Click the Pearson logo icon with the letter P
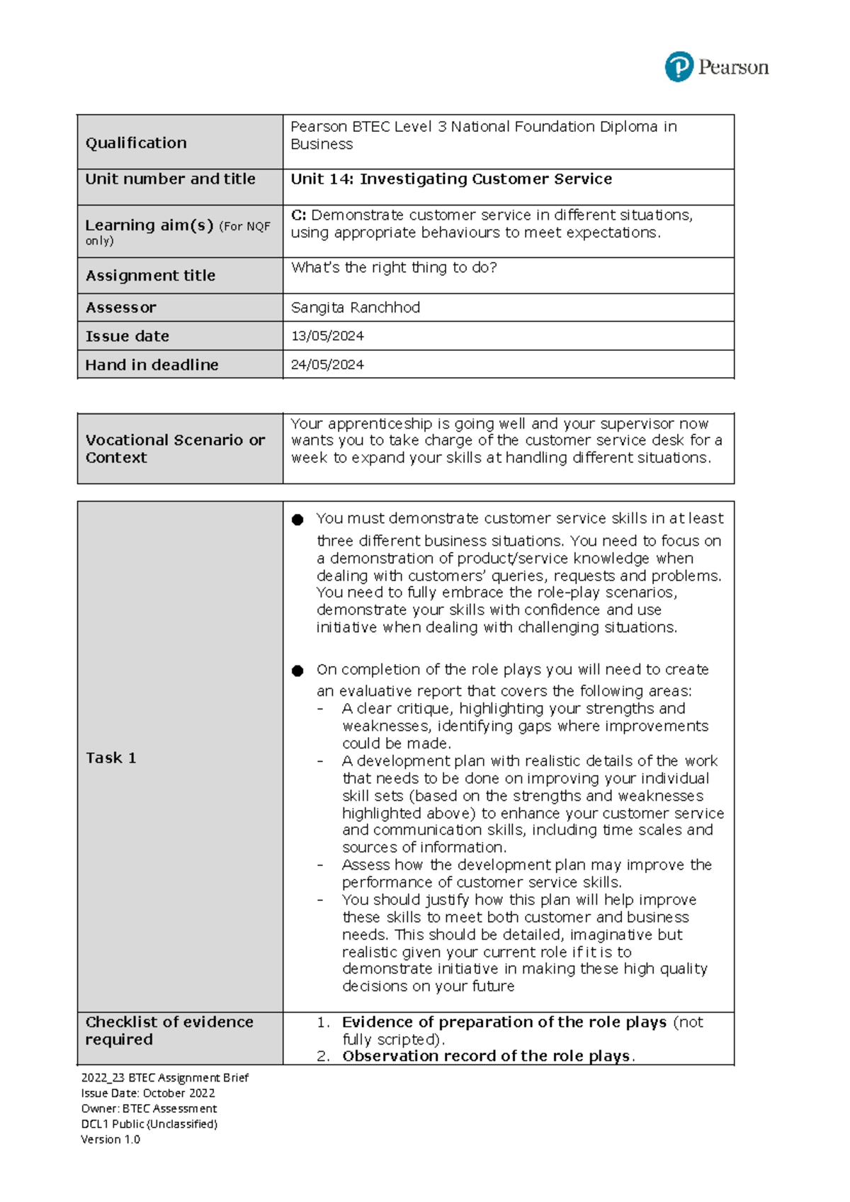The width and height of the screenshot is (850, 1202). (x=679, y=67)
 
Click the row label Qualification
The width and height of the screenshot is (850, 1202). (x=136, y=143)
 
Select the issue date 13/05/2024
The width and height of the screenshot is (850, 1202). (x=327, y=336)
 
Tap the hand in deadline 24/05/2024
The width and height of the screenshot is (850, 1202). (x=327, y=365)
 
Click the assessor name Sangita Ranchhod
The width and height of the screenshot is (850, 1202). (x=356, y=308)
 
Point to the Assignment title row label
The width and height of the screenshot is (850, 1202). (x=150, y=276)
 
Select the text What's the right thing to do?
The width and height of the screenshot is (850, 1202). (x=394, y=268)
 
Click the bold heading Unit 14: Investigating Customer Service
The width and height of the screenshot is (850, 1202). (x=451, y=179)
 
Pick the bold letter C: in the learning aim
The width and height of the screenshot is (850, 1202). (x=298, y=215)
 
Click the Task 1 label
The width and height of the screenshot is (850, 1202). (x=110, y=758)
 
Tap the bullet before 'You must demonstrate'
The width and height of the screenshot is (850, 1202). (x=297, y=520)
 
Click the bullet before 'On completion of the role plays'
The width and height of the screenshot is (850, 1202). (x=297, y=671)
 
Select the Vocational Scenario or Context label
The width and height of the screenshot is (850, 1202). (x=175, y=449)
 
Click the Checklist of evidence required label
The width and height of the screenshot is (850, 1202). (x=169, y=1030)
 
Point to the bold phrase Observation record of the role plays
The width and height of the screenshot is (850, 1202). (x=486, y=1056)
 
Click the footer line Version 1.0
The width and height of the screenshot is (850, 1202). (x=110, y=1140)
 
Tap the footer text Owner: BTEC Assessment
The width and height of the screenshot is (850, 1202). (x=149, y=1108)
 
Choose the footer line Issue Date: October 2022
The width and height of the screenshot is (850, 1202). (x=148, y=1093)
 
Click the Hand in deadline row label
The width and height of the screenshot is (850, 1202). (x=152, y=365)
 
